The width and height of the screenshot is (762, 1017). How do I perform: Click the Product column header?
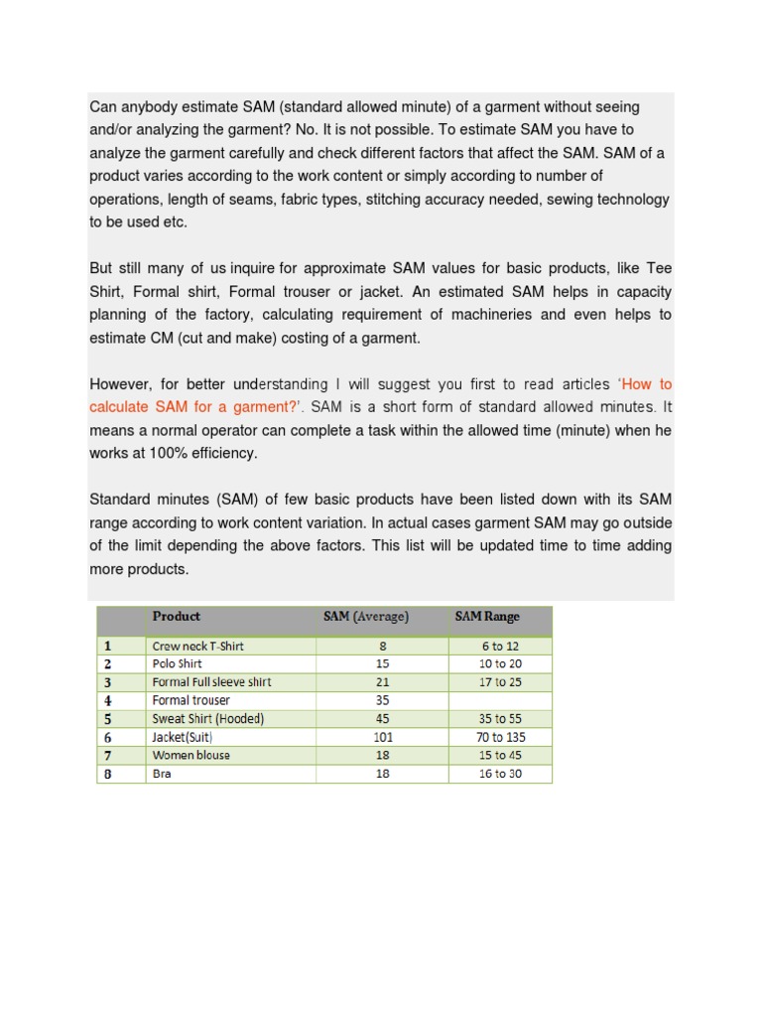click(177, 617)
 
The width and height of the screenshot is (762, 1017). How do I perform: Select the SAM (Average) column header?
click(366, 617)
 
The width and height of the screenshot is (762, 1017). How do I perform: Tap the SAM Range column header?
click(487, 617)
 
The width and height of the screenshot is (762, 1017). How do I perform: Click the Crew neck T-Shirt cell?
click(198, 646)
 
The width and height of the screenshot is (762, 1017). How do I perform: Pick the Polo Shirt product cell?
click(178, 663)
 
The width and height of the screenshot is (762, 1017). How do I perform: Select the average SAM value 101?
click(383, 737)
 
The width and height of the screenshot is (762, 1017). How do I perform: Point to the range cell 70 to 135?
click(501, 737)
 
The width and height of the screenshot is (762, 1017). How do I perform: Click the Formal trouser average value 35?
click(383, 700)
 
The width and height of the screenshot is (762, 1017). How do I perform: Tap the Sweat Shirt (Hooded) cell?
click(208, 718)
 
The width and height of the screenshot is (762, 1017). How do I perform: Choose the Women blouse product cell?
click(191, 755)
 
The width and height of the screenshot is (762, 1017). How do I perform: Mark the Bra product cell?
click(162, 774)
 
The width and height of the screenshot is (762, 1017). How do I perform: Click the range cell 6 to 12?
click(500, 646)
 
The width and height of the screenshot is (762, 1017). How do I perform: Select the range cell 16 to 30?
click(500, 774)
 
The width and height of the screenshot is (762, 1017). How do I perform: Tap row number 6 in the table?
click(107, 737)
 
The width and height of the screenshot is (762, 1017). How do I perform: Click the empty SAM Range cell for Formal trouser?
click(500, 700)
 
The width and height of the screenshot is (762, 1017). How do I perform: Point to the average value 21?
click(383, 682)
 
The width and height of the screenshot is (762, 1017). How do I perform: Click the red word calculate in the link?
click(120, 407)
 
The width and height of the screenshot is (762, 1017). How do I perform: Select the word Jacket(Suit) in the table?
click(184, 737)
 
